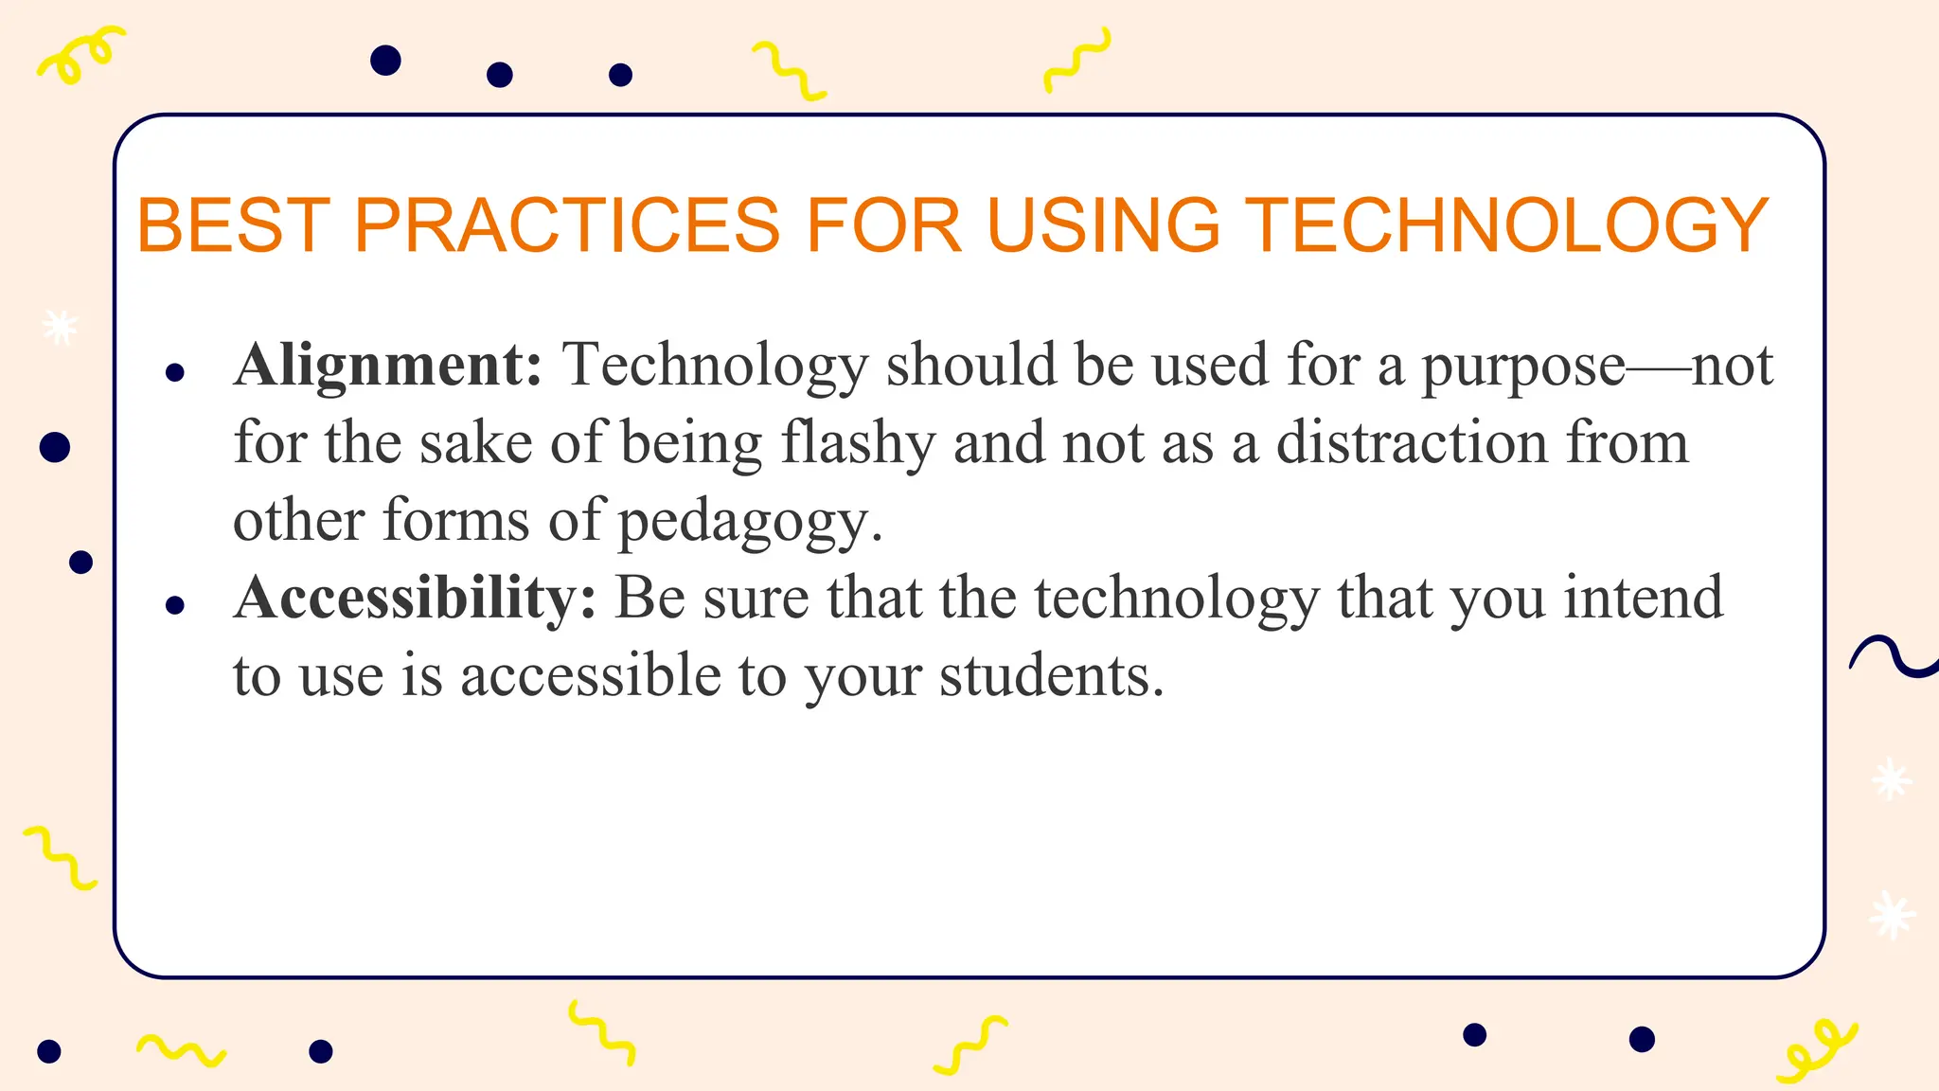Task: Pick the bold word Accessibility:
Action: click(415, 598)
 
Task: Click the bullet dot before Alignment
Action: click(174, 373)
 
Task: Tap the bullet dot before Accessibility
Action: click(174, 605)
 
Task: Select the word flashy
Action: click(858, 443)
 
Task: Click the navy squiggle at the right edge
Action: click(1894, 657)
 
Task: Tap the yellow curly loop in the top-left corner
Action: click(80, 54)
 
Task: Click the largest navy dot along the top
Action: click(385, 61)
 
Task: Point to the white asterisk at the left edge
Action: click(61, 327)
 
